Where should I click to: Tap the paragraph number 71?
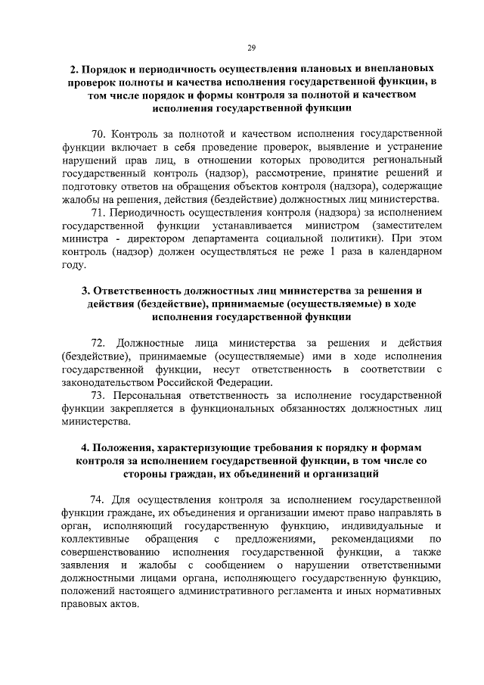pyautogui.click(x=98, y=213)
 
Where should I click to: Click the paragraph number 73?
pyautogui.click(x=98, y=395)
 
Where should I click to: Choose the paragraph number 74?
pyautogui.click(x=98, y=500)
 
